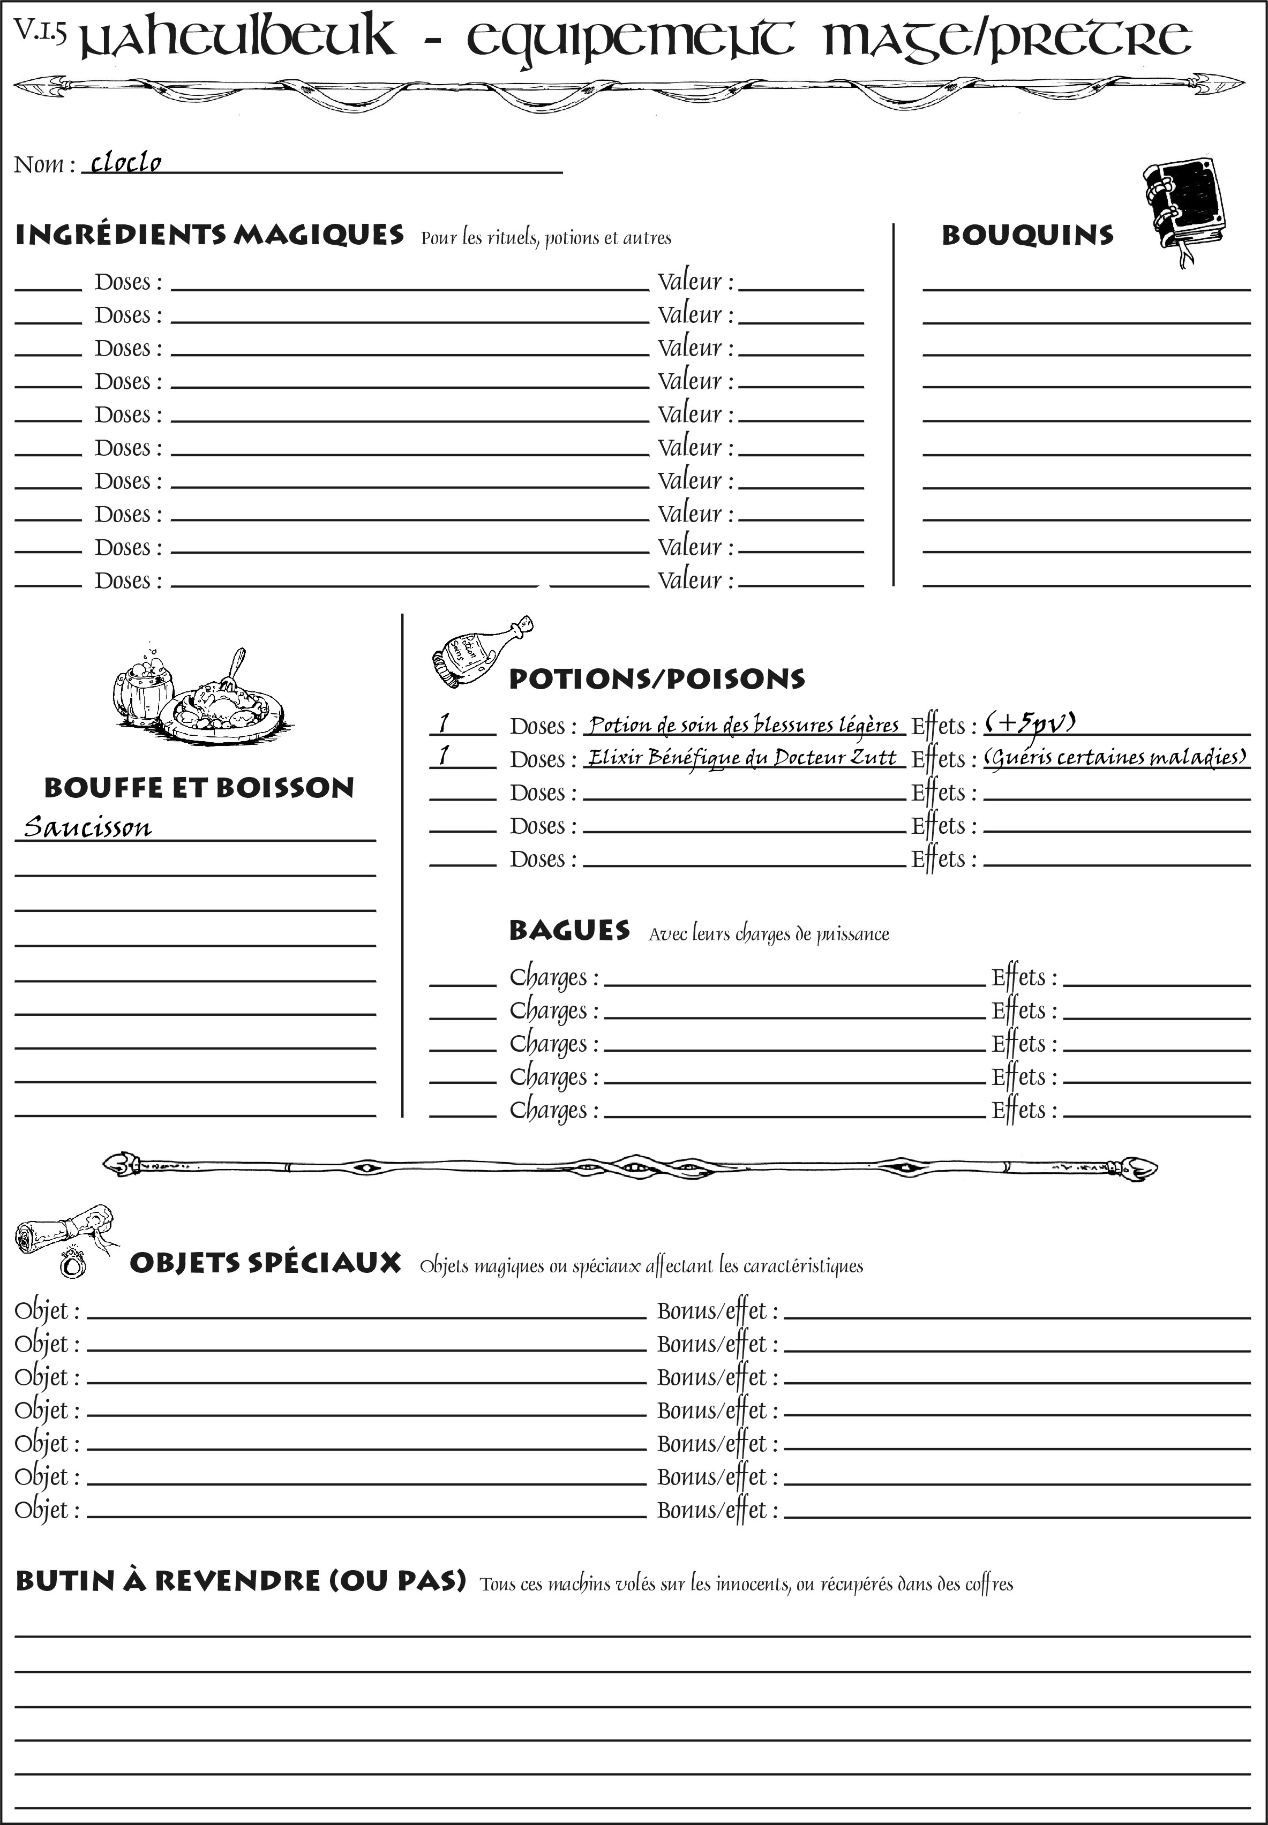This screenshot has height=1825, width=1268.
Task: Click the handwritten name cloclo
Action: point(125,163)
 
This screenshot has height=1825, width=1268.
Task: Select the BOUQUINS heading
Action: point(1027,235)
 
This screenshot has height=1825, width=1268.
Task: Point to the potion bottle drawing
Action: point(480,652)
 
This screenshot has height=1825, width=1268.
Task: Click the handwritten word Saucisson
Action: point(87,827)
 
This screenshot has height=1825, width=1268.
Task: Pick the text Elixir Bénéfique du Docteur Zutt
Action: point(741,758)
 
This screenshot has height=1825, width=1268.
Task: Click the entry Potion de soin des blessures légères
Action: point(744,725)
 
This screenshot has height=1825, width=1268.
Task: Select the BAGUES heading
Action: point(569,930)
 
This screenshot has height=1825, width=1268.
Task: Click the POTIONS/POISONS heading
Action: point(656,679)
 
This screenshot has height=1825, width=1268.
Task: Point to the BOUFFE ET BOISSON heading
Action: point(199,788)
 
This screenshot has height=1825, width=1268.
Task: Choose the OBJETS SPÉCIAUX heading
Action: point(265,1263)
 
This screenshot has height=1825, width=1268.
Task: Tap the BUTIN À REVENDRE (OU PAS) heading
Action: point(241,1580)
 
